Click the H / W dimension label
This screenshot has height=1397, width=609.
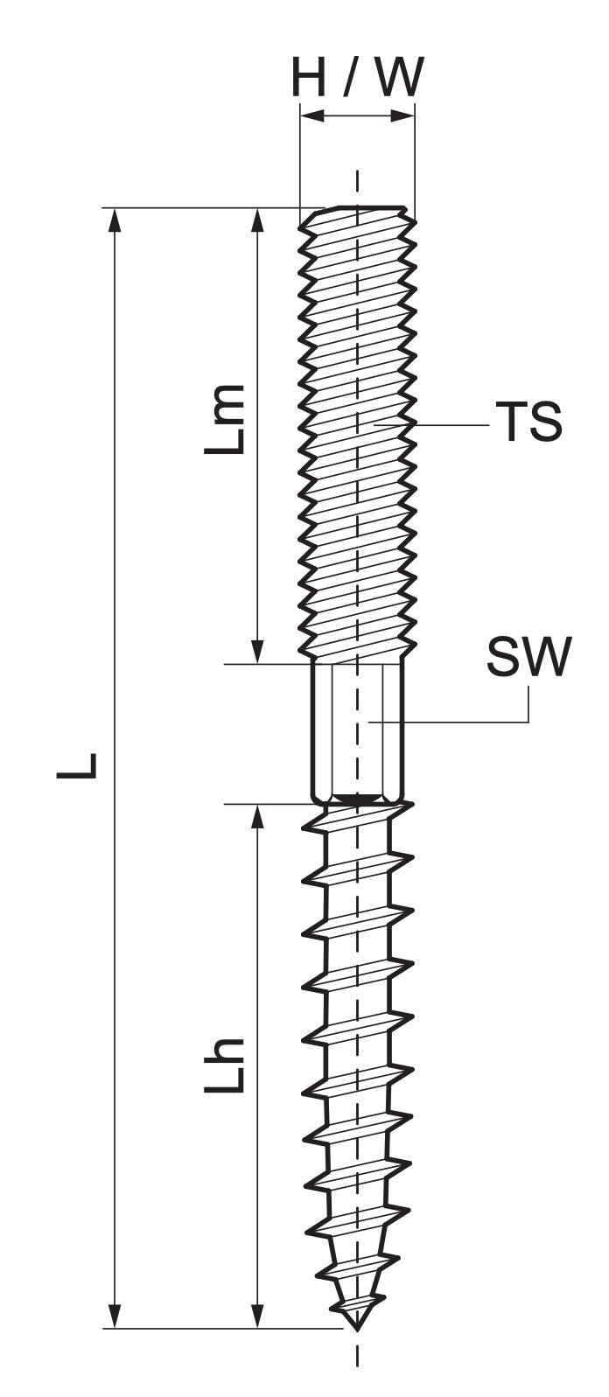coord(358,78)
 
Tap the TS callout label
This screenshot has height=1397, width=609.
coord(528,422)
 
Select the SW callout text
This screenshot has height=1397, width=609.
coord(529,657)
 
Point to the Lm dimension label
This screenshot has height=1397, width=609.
coord(224,420)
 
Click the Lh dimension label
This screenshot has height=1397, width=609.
coord(224,1065)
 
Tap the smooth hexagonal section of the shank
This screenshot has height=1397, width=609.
coord(358,733)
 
